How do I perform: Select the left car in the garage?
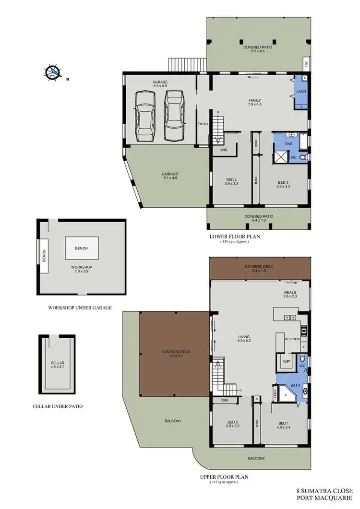(145, 115)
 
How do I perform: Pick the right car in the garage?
(174, 115)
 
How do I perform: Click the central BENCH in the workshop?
(82, 249)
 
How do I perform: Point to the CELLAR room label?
(57, 363)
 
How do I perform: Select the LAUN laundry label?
(301, 91)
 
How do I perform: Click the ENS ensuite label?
(288, 143)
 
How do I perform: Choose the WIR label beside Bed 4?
(224, 150)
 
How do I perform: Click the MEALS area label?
(290, 292)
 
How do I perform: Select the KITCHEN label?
(292, 339)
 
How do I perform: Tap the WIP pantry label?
(287, 361)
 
